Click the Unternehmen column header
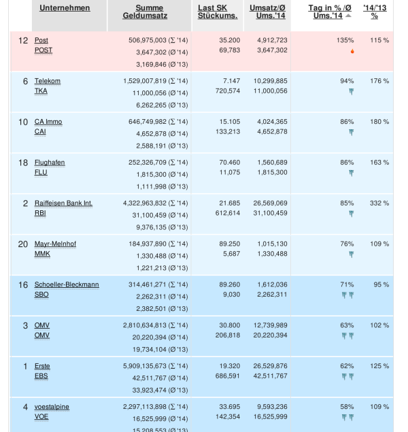(x=64, y=8)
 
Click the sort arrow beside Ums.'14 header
(x=348, y=16)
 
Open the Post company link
(x=41, y=41)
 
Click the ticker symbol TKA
(x=41, y=91)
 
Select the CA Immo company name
(x=48, y=122)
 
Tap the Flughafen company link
(x=50, y=163)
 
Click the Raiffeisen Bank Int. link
(x=63, y=203)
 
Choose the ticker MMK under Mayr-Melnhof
(x=41, y=254)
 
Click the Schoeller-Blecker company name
(x=67, y=284)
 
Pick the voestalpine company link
(x=52, y=407)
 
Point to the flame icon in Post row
(x=352, y=51)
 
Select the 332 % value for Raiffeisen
(x=379, y=203)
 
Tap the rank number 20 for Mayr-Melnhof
(x=23, y=244)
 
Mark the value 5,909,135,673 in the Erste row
(x=148, y=366)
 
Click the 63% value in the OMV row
(x=347, y=325)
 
